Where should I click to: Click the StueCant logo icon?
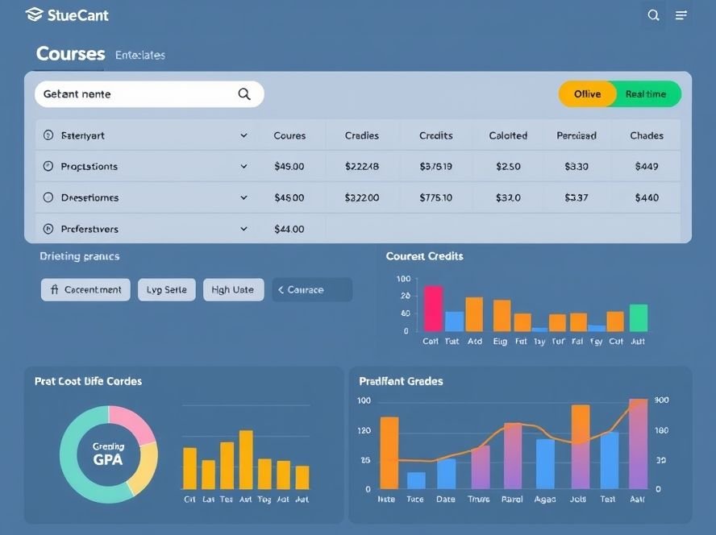[x=34, y=15]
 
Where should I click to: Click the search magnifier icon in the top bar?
[x=654, y=15]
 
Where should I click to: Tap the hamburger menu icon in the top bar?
[x=681, y=15]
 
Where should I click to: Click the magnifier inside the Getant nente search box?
[x=244, y=94]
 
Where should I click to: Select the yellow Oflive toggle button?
[x=587, y=94]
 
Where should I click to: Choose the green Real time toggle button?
[x=646, y=94]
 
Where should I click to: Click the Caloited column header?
[x=508, y=135]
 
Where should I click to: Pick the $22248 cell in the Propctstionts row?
[x=361, y=167]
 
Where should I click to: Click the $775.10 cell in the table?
[x=435, y=197]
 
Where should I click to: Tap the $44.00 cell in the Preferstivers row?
[x=289, y=229]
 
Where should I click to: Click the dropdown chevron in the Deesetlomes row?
[x=244, y=197]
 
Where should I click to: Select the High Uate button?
[x=232, y=289]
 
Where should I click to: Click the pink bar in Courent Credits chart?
[x=433, y=309]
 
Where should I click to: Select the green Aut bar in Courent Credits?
[x=638, y=317]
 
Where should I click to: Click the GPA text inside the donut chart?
[x=108, y=460]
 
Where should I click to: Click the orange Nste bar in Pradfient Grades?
[x=389, y=452]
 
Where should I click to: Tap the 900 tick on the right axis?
[x=662, y=400]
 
